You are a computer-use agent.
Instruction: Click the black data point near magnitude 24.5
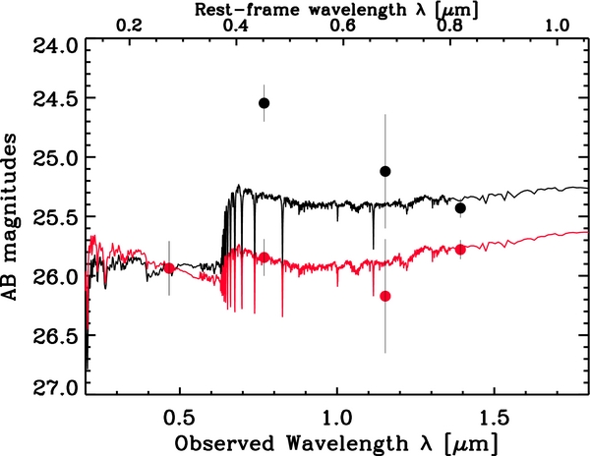[264, 103]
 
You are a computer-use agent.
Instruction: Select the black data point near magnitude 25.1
[385, 171]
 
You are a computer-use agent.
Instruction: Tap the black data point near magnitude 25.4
[460, 207]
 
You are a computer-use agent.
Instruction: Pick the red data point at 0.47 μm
[169, 267]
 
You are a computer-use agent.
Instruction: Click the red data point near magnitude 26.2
[385, 296]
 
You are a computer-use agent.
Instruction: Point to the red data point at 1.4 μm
[460, 250]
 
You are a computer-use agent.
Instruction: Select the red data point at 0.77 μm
[264, 257]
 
